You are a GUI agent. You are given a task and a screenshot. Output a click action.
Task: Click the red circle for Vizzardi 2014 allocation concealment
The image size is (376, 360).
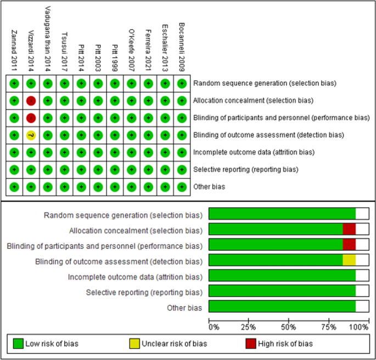pos(31,101)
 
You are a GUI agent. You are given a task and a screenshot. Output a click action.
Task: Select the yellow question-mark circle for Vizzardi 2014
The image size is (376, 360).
pos(31,135)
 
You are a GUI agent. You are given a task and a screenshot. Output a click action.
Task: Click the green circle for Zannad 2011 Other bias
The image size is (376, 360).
pos(14,187)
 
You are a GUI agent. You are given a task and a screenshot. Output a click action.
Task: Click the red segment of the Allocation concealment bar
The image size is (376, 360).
pos(349,230)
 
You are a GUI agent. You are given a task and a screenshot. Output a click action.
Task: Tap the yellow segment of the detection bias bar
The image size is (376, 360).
pos(349,261)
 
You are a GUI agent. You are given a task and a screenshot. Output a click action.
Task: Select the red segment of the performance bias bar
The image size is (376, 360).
pos(349,245)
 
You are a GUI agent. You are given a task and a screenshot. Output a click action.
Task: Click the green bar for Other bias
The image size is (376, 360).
pos(282,307)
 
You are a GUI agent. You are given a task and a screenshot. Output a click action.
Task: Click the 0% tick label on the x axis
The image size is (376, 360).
pos(214,328)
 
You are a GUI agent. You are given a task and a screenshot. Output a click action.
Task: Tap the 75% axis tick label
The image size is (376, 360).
pos(328,328)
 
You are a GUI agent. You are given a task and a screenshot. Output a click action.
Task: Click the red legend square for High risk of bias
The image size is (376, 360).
pos(250,344)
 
